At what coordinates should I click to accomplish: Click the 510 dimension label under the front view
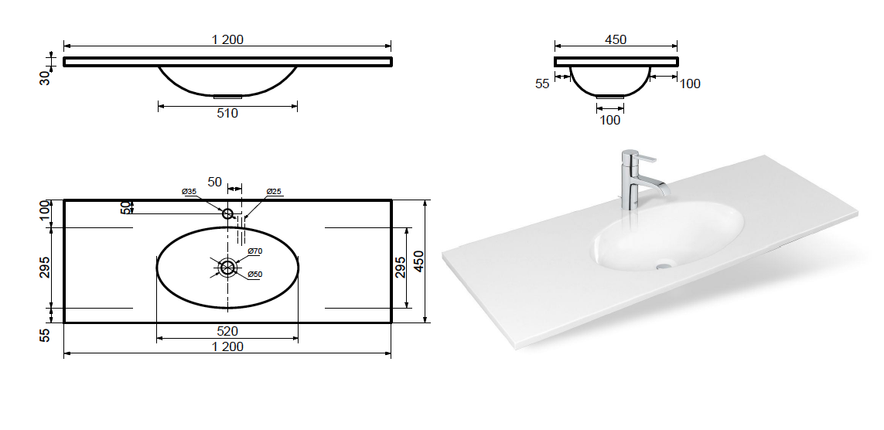tap(227, 113)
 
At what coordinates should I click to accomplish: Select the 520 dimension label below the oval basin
tap(227, 331)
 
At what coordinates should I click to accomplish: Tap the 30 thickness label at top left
tap(45, 77)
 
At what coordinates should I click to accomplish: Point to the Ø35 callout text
tap(189, 192)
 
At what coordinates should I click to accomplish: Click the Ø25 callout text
tap(274, 192)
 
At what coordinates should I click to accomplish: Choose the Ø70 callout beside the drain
tap(255, 251)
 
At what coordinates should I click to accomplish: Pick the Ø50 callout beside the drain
tap(255, 275)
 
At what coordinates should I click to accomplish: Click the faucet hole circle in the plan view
tap(227, 213)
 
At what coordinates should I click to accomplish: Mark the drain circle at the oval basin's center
tap(227, 268)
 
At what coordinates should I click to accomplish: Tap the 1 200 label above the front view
tap(227, 39)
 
